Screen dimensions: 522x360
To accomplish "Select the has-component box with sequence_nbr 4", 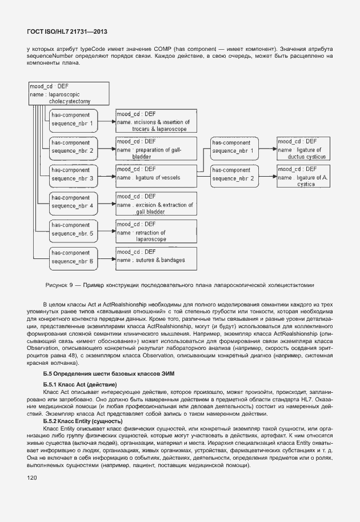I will click(73, 202).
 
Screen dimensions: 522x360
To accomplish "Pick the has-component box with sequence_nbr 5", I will click(73, 230).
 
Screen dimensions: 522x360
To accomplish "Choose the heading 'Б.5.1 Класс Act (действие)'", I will click(79, 384).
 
